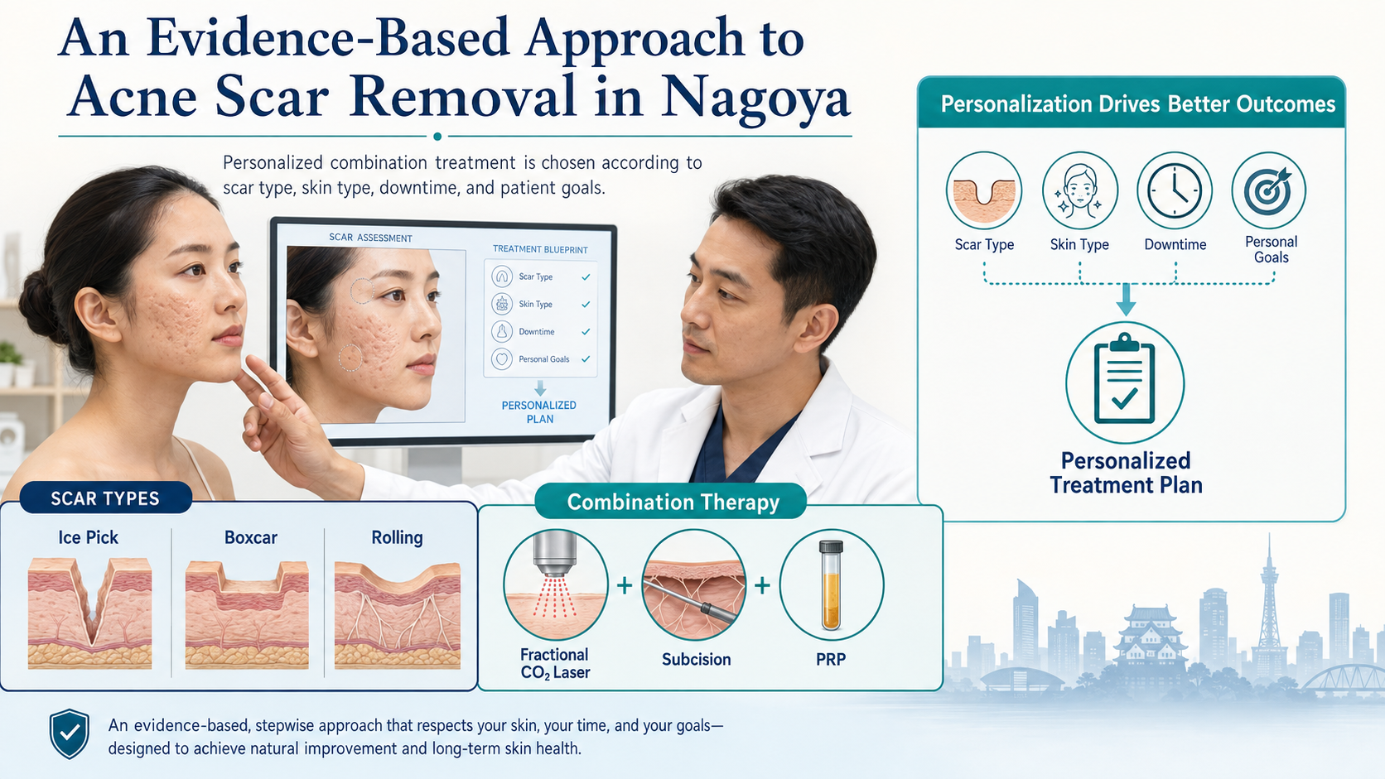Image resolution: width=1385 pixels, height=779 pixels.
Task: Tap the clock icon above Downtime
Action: coord(1174,190)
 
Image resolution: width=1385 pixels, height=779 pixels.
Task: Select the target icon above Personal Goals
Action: coord(1269,190)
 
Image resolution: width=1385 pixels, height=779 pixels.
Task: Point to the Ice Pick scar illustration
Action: coord(89,613)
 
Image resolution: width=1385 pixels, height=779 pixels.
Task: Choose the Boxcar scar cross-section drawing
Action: coord(247,615)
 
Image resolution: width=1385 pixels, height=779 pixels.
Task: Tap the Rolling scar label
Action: coord(397,537)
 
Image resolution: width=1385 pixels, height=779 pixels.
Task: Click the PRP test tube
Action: coord(831,585)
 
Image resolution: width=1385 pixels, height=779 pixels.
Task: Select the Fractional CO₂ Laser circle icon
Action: coord(555,584)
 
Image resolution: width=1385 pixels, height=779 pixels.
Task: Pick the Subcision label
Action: coord(696,659)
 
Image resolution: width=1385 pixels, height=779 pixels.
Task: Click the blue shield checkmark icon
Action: coord(70,733)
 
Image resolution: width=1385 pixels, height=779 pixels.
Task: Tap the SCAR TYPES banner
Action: coord(106,498)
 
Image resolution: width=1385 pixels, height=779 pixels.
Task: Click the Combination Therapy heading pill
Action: coord(673,502)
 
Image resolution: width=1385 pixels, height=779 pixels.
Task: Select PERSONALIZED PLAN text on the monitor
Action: coord(539,412)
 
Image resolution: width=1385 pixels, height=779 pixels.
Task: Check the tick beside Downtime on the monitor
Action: coord(586,332)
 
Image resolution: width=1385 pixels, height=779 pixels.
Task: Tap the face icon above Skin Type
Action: coord(1079,190)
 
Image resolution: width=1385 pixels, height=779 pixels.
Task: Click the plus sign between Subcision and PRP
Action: coord(762,585)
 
